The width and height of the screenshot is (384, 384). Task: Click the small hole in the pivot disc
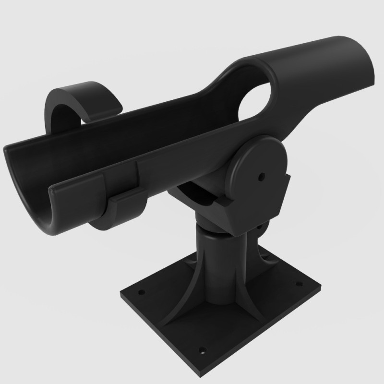[261, 176]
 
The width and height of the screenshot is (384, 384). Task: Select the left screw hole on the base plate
[142, 291]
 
